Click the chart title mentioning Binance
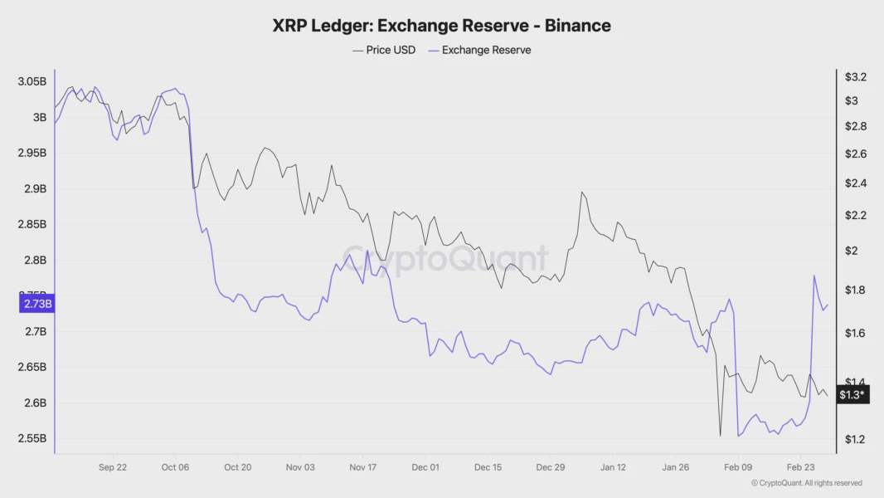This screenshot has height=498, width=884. click(x=441, y=26)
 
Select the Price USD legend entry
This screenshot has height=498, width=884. click(x=384, y=50)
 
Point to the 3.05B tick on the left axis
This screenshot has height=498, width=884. click(x=32, y=81)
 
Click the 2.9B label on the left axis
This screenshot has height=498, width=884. click(x=34, y=188)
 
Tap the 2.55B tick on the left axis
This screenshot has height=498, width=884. click(x=32, y=438)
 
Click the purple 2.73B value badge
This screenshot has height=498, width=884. click(x=36, y=304)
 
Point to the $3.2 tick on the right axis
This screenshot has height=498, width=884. click(x=855, y=77)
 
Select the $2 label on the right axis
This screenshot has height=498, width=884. click(x=852, y=251)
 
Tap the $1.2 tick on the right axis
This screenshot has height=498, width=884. click(x=855, y=439)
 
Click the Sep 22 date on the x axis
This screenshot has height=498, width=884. click(x=113, y=467)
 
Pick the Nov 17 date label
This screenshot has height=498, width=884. click(x=362, y=467)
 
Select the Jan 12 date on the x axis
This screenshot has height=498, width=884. click(x=613, y=467)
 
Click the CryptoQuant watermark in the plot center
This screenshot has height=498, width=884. click(x=445, y=259)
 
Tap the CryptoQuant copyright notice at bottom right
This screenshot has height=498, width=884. click(x=806, y=483)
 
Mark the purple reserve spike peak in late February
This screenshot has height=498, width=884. click(x=814, y=276)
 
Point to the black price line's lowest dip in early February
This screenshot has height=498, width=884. click(x=720, y=435)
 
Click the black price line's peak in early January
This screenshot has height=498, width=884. click(x=582, y=193)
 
